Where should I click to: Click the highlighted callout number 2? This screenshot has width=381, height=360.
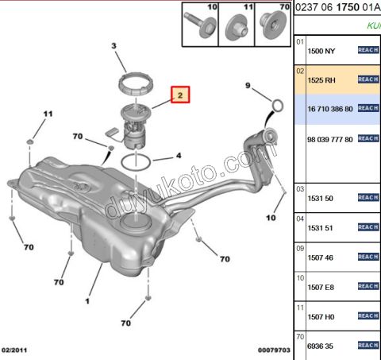point(180,96)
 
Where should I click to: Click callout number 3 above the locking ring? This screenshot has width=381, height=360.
point(114,47)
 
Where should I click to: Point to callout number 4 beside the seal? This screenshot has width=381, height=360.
point(178,156)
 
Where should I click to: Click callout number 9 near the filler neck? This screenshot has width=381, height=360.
point(247,85)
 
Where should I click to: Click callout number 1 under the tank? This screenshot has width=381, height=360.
point(87,303)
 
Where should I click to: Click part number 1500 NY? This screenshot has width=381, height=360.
point(321,50)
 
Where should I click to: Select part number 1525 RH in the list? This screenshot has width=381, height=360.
point(321,79)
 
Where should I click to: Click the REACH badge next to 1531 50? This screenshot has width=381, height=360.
point(368,197)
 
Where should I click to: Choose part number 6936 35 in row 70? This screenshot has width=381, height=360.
point(321,346)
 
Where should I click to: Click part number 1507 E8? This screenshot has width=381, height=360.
point(321,286)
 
